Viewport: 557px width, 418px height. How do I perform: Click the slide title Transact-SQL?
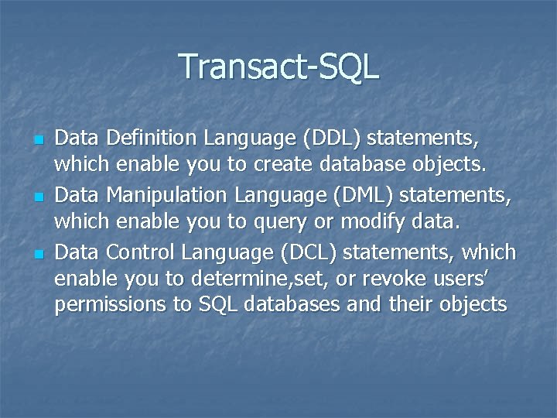tap(278, 67)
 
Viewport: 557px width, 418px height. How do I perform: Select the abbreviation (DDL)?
tap(332, 139)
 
